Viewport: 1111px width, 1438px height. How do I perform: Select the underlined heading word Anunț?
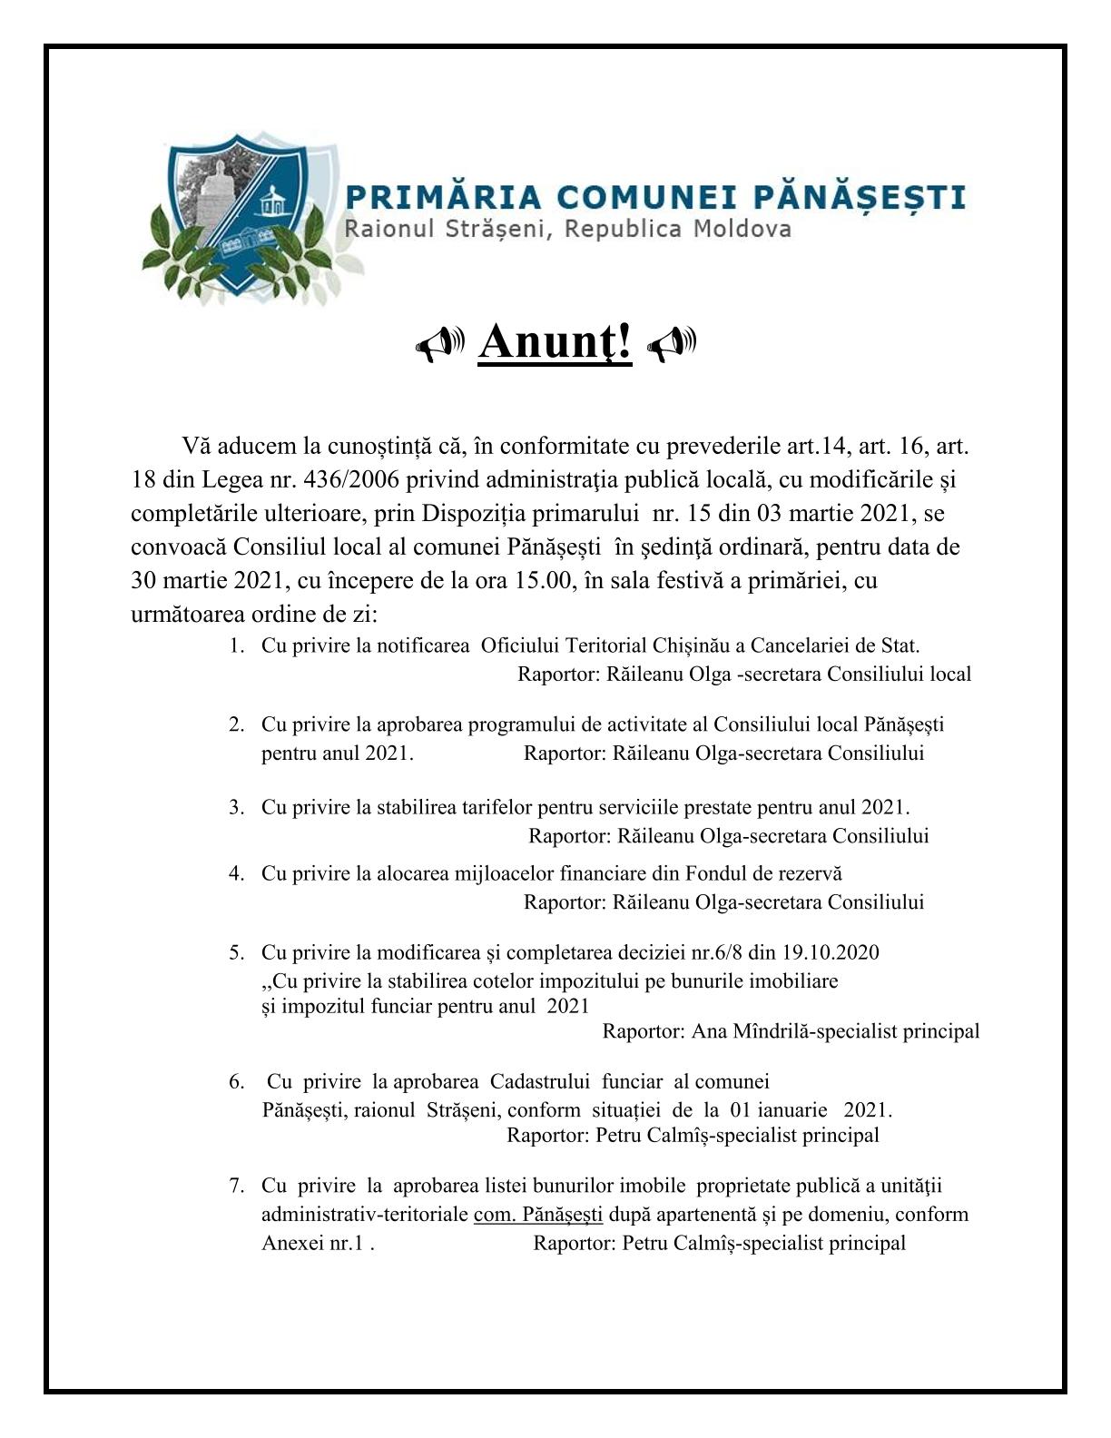(555, 343)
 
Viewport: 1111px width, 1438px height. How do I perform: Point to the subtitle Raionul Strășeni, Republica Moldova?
(567, 229)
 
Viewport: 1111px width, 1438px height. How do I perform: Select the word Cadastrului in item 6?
(541, 1081)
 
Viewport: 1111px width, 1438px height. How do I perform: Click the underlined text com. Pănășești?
(538, 1215)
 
